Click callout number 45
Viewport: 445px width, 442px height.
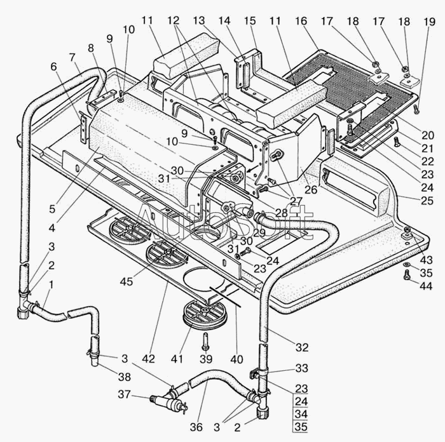click(x=127, y=281)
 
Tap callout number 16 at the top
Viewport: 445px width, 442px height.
click(x=301, y=21)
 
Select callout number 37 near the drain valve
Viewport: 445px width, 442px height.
click(x=124, y=394)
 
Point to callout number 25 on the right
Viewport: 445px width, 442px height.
click(x=427, y=201)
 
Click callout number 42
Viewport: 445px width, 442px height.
click(x=148, y=359)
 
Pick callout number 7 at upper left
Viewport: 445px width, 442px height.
click(x=72, y=58)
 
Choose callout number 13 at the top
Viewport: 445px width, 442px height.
click(x=198, y=21)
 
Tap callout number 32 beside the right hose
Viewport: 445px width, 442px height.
click(x=302, y=347)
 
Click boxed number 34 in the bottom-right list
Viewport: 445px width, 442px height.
click(x=301, y=414)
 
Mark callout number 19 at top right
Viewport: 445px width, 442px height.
click(x=429, y=22)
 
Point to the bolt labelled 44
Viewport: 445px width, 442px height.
click(x=406, y=274)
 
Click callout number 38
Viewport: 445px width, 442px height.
click(x=125, y=377)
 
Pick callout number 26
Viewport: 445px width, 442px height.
click(x=311, y=189)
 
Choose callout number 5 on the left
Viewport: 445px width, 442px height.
click(x=52, y=209)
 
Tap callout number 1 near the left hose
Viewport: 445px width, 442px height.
click(x=51, y=285)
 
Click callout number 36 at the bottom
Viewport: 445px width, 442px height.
click(x=196, y=427)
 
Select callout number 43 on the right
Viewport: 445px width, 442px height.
click(x=427, y=260)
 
